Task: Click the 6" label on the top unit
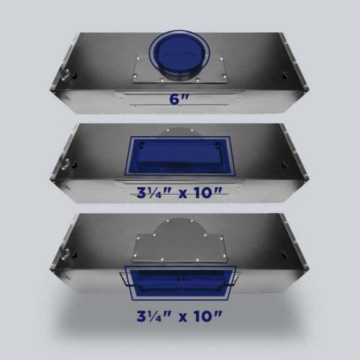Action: (x=179, y=99)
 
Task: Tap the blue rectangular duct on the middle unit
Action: (x=178, y=156)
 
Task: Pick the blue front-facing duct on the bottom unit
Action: (x=180, y=283)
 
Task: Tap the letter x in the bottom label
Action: (x=184, y=318)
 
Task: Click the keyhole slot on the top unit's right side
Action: (x=284, y=74)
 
